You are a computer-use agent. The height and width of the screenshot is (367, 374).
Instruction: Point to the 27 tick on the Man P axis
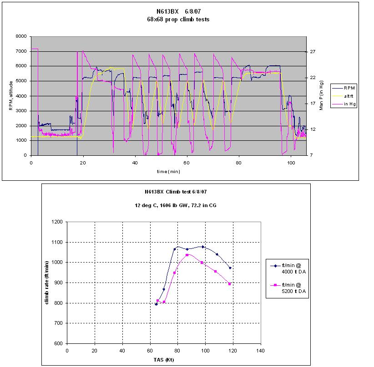[x=313, y=52]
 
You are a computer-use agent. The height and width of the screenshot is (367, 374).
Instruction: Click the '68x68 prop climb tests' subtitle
[x=181, y=20]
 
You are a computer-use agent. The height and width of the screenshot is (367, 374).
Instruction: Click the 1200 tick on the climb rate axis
[x=58, y=222]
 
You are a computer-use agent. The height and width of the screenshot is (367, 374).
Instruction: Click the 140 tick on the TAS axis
[x=261, y=351]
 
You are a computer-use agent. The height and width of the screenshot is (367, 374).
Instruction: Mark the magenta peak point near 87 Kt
[x=187, y=255]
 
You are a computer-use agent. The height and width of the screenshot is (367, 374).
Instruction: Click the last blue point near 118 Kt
[x=230, y=268]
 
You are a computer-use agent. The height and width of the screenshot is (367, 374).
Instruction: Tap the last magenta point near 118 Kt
[x=230, y=284]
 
